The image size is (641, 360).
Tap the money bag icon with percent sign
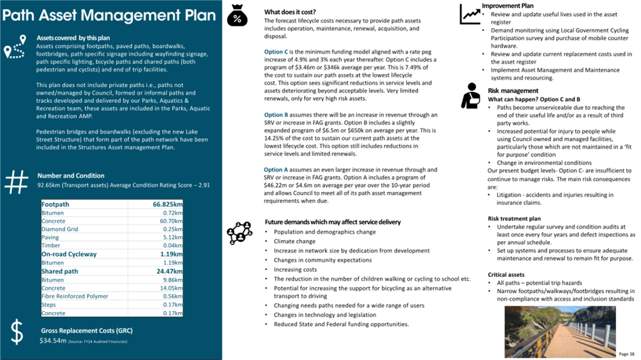coord(237,17)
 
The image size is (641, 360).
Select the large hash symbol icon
coord(16,182)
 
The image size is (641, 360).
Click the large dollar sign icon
coord(17,333)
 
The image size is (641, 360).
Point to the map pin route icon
coord(15,47)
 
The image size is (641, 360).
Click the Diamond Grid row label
coord(60,229)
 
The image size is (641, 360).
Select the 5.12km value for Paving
coord(173,237)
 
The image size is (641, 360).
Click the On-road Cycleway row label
coord(69,254)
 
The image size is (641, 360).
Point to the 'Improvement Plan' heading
coord(508,6)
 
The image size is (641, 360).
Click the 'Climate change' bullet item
coord(294,241)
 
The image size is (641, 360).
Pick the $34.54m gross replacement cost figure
coord(53,341)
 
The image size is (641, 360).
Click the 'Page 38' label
coord(627,354)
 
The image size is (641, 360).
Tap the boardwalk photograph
coord(560,331)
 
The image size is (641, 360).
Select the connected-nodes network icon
coord(239,233)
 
